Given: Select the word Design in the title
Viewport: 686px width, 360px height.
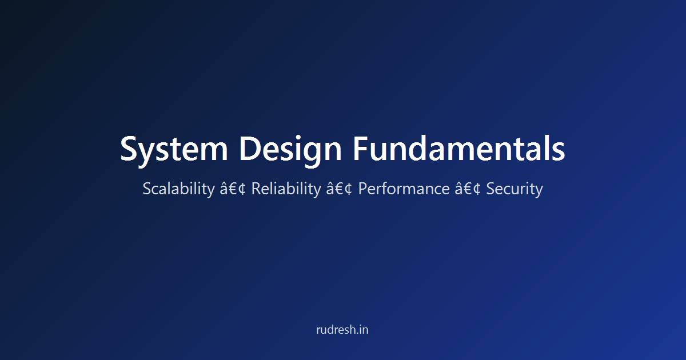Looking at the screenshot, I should pyautogui.click(x=290, y=149).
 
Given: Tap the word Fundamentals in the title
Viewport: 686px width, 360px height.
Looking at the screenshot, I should pyautogui.click(x=459, y=149).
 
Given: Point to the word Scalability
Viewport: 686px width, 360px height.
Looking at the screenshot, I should pyautogui.click(x=178, y=189).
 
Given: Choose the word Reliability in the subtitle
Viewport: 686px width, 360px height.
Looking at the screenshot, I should pyautogui.click(x=286, y=189).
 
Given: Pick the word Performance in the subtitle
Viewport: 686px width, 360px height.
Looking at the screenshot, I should pyautogui.click(x=404, y=189).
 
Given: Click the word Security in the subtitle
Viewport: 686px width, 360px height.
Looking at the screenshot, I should pyautogui.click(x=514, y=189).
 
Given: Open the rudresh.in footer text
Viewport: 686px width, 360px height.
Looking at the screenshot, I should pyautogui.click(x=342, y=330).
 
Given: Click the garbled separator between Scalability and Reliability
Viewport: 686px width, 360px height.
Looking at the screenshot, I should pyautogui.click(x=233, y=189).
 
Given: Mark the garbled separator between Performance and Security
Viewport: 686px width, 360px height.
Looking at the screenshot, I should pyautogui.click(x=468, y=189).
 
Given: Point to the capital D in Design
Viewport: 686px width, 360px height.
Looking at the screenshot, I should pyautogui.click(x=250, y=149).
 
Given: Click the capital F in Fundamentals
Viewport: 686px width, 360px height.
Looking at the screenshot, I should pyautogui.click(x=361, y=149).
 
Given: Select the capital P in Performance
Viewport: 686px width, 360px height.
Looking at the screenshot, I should pyautogui.click(x=363, y=189).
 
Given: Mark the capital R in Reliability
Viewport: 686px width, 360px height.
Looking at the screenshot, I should pyautogui.click(x=256, y=189).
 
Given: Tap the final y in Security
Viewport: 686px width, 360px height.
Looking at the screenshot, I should pyautogui.click(x=539, y=191).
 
